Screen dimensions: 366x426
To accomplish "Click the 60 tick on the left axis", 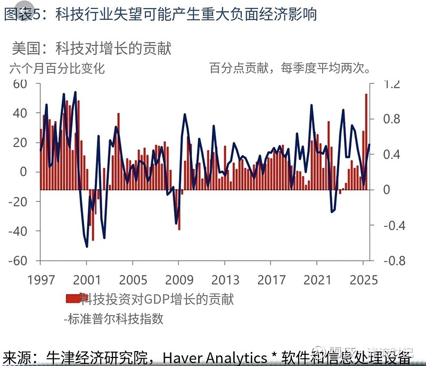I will (x=20, y=84).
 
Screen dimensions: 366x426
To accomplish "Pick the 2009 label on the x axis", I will (x=179, y=280).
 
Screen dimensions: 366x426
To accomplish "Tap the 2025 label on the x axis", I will (x=364, y=280).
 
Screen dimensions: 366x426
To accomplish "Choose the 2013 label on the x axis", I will (x=225, y=280).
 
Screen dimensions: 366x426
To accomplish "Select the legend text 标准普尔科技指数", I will (x=114, y=319).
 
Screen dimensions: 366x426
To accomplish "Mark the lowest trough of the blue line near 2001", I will (x=87, y=246).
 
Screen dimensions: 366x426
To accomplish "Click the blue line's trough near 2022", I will (x=332, y=212).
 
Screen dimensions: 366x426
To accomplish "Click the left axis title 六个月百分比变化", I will (x=57, y=68).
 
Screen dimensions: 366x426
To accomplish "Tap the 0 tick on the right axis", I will (x=386, y=190).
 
